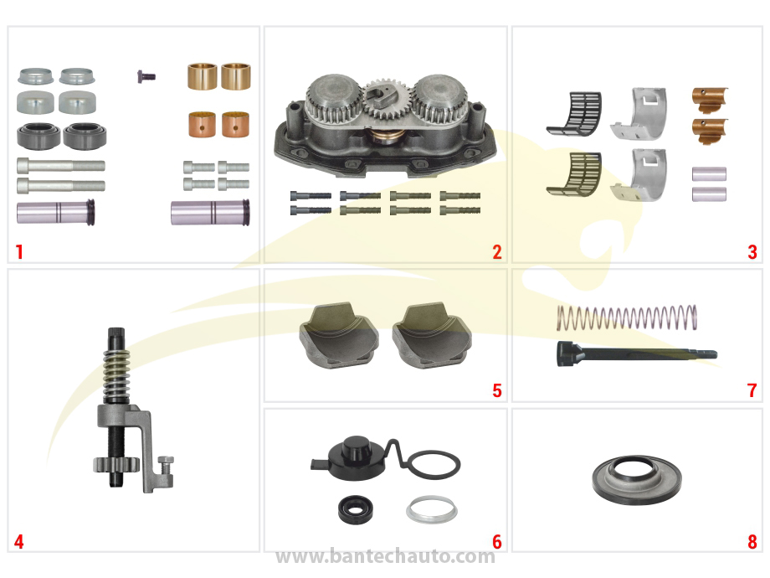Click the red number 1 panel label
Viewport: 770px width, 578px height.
pyautogui.click(x=19, y=251)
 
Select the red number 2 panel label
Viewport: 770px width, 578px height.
pyautogui.click(x=497, y=251)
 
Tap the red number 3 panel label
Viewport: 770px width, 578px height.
pyautogui.click(x=752, y=251)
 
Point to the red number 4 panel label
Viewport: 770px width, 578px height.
pyautogui.click(x=18, y=542)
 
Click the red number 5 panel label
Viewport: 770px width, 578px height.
pyautogui.click(x=497, y=390)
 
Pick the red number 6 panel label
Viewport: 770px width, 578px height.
pyautogui.click(x=497, y=542)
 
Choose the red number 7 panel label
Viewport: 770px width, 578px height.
pyautogui.click(x=752, y=390)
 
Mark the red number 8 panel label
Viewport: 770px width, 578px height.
pyautogui.click(x=752, y=542)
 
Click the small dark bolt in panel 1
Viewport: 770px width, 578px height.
pyautogui.click(x=146, y=76)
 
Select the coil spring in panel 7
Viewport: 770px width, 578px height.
pyautogui.click(x=627, y=317)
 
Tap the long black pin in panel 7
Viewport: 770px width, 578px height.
pyautogui.click(x=636, y=354)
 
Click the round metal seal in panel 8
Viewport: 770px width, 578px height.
pyautogui.click(x=637, y=479)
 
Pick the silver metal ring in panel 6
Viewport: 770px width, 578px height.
pyautogui.click(x=432, y=509)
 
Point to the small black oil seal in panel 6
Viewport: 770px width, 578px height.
pyautogui.click(x=356, y=509)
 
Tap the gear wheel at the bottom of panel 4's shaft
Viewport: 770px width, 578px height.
pyautogui.click(x=116, y=464)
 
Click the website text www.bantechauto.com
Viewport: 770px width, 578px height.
pyautogui.click(x=385, y=556)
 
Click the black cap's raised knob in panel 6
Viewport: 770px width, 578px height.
pyautogui.click(x=356, y=446)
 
